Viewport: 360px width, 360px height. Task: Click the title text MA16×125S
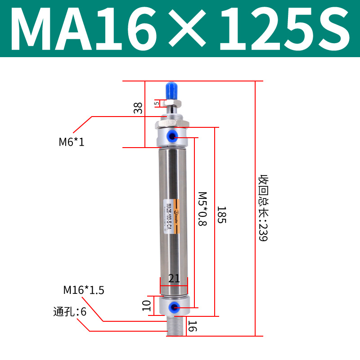180,29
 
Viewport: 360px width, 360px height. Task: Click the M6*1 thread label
72,142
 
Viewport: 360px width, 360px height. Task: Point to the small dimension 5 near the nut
157,103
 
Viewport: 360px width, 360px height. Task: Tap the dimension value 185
221,215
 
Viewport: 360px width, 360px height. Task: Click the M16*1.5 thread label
84,290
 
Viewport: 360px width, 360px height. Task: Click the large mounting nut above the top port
173,123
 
